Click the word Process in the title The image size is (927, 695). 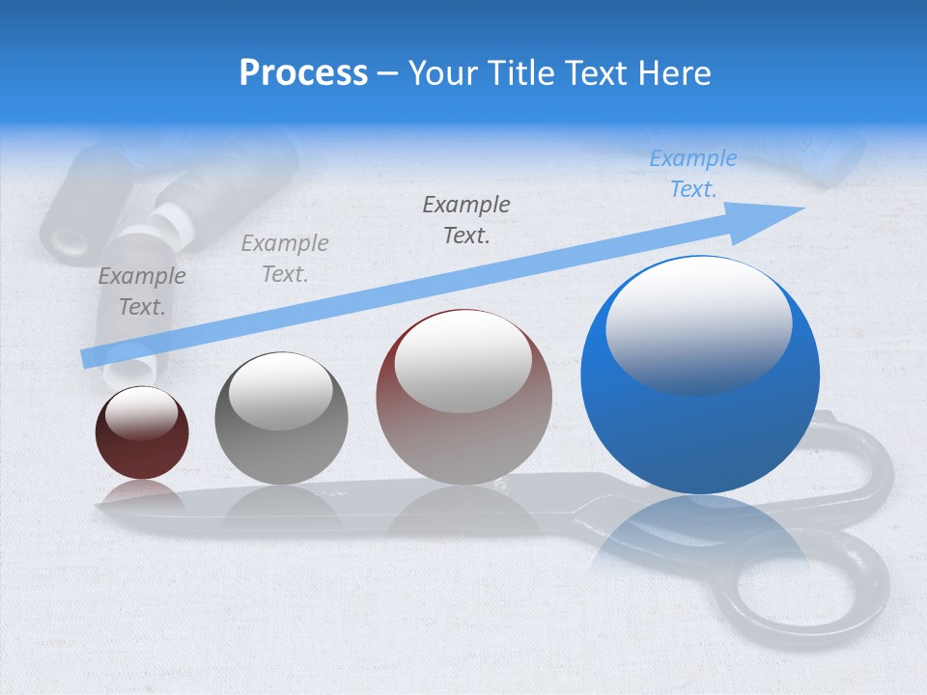pos(303,73)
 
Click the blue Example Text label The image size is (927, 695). pos(693,174)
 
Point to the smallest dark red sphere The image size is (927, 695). pos(142,433)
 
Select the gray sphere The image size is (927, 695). pos(281,419)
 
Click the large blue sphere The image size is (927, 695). pos(700,375)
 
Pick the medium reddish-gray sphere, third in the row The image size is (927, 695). pos(464,397)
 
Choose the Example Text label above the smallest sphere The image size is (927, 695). pos(142,292)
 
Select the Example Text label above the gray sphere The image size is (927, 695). pos(285,259)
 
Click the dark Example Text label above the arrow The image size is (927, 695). pos(466,219)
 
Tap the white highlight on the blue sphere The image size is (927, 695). pos(698,322)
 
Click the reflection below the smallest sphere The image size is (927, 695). pos(142,496)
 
